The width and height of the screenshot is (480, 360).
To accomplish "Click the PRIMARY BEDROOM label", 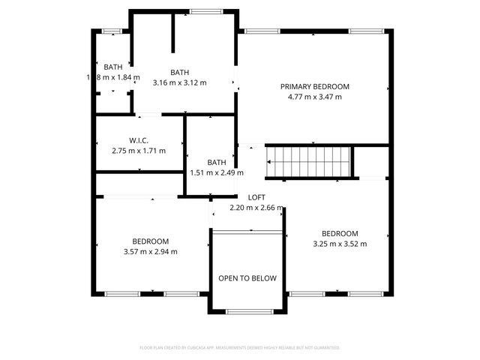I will pyautogui.click(x=315, y=86).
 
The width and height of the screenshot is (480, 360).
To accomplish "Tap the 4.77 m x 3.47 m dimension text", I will pyautogui.click(x=315, y=97).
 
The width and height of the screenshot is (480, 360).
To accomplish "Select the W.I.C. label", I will pyautogui.click(x=137, y=140).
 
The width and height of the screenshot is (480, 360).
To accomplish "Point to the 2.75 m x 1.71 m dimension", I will pyautogui.click(x=137, y=151).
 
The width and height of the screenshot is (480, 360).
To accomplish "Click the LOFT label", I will pyautogui.click(x=256, y=197).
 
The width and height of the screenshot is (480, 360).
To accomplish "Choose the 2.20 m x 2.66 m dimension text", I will pyautogui.click(x=256, y=208).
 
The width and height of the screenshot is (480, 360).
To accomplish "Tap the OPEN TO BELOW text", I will pyautogui.click(x=247, y=278).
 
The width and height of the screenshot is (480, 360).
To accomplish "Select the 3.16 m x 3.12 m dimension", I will pyautogui.click(x=179, y=82).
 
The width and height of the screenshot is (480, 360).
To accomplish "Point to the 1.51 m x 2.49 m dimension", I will pyautogui.click(x=217, y=172).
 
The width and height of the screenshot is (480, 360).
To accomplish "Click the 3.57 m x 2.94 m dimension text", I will pyautogui.click(x=150, y=251).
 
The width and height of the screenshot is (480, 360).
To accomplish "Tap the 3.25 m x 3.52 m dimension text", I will pyautogui.click(x=340, y=243).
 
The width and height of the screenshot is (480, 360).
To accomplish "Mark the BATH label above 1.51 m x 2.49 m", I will pyautogui.click(x=217, y=162).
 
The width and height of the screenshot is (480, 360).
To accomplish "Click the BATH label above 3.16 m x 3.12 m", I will pyautogui.click(x=179, y=72).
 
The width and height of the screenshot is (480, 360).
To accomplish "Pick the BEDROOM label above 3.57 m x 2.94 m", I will pyautogui.click(x=150, y=241).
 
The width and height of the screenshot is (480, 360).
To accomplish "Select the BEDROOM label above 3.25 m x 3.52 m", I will pyautogui.click(x=340, y=232).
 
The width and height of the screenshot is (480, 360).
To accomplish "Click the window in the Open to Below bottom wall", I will pyautogui.click(x=247, y=311).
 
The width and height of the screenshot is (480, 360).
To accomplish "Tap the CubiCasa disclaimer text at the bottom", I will pyautogui.click(x=240, y=347).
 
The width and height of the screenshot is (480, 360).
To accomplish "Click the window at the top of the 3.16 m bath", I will pyautogui.click(x=200, y=10).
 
